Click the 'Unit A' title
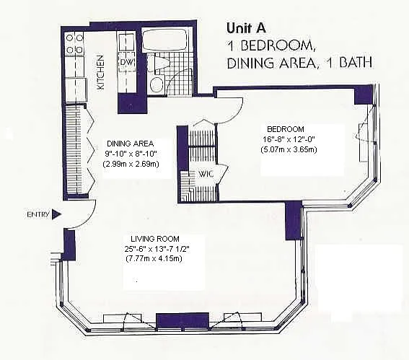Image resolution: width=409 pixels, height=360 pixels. [246, 28]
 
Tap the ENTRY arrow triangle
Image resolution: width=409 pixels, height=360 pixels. [56, 214]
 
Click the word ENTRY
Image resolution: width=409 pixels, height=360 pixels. [38, 215]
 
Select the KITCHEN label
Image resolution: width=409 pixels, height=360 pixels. [100, 72]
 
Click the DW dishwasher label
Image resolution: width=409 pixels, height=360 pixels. [127, 63]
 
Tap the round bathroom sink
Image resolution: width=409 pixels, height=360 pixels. [157, 84]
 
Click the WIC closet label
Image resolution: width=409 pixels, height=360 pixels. [206, 174]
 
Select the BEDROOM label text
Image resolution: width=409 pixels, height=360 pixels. [286, 129]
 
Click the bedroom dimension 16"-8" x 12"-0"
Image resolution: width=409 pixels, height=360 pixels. [289, 139]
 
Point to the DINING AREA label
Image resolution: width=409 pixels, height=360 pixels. [130, 144]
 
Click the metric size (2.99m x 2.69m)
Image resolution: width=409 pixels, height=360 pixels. [131, 164]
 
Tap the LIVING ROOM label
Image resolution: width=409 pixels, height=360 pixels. [155, 239]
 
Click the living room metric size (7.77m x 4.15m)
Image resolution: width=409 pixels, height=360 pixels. [154, 259]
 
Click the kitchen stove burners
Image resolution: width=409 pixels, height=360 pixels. [74, 43]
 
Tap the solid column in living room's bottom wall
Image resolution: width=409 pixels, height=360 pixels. [182, 320]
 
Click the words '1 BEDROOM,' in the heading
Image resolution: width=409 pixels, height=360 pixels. [271, 46]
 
